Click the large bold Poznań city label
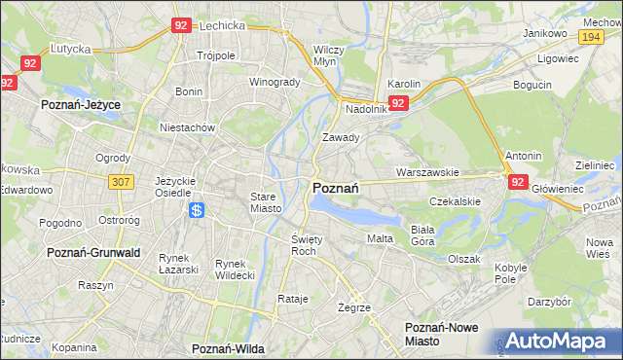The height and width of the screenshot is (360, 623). coord(337,188)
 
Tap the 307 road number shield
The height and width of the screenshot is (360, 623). coord(121,182)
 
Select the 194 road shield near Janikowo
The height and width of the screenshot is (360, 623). coord(590,36)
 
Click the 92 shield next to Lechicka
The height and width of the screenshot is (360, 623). coord(180,26)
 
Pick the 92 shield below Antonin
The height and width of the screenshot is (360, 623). coord(518,182)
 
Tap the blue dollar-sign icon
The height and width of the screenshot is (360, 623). coord(197,209)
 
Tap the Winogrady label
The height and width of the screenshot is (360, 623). coord(275,82)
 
